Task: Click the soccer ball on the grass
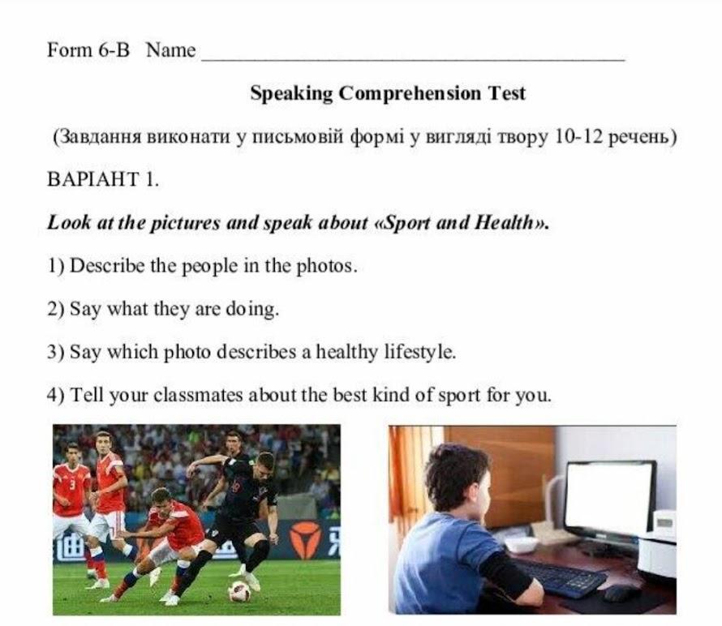click(239, 591)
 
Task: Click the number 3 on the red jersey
click(72, 485)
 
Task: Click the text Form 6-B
click(88, 49)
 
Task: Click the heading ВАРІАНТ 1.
click(103, 179)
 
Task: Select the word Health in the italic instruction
click(504, 222)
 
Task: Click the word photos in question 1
click(326, 266)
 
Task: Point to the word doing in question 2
click(251, 309)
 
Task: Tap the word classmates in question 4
click(198, 395)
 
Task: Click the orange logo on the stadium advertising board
click(305, 539)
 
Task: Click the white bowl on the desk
click(521, 545)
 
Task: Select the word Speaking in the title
click(291, 93)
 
